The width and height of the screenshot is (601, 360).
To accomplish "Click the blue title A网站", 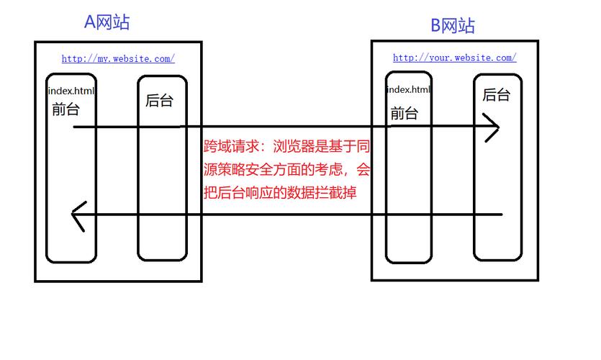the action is (x=107, y=22).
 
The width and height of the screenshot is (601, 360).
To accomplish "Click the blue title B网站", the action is (x=453, y=26).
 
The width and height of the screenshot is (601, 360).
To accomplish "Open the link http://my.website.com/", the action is (x=118, y=58).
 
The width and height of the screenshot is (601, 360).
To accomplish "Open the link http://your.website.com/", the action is (x=455, y=58).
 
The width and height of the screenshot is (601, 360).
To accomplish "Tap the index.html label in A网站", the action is (x=71, y=91).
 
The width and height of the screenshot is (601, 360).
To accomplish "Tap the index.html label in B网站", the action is (x=409, y=90).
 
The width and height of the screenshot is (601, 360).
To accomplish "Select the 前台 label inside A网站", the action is (x=65, y=109).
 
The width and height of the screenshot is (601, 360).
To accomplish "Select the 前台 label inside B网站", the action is (x=404, y=114).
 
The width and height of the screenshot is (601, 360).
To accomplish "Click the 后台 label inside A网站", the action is (x=159, y=101).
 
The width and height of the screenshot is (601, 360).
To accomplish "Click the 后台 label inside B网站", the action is (x=496, y=95).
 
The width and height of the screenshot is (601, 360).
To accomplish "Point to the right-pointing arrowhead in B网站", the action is (x=492, y=127).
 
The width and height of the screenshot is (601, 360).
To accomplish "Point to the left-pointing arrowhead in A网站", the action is (x=79, y=217).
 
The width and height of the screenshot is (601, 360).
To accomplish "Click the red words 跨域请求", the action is (x=231, y=146).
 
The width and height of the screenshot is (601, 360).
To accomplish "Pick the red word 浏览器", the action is (x=294, y=146).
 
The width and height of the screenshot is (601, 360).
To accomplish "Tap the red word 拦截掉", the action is (x=335, y=192).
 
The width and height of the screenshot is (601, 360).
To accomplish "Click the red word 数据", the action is (x=301, y=192).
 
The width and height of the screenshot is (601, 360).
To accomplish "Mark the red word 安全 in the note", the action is (x=259, y=169).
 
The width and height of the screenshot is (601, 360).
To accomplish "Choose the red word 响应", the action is (x=259, y=192).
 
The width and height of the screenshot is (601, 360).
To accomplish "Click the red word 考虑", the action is (x=328, y=169).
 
